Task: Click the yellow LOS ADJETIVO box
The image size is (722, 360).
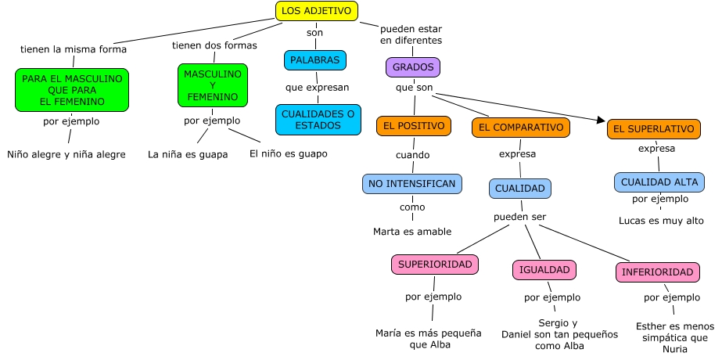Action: (317, 10)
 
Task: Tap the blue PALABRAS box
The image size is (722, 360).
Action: (314, 60)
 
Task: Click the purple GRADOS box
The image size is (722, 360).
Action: (413, 67)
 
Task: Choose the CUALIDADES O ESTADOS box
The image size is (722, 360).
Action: (318, 120)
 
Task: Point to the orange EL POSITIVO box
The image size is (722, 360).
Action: (414, 126)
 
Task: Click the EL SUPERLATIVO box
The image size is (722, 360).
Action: (653, 129)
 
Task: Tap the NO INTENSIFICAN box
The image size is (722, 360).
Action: (412, 184)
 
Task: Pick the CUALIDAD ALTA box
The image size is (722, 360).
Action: (659, 182)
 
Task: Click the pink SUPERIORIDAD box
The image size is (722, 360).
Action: (435, 265)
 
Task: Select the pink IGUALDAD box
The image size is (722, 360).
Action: (544, 270)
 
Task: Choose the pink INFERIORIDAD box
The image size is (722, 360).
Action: (657, 272)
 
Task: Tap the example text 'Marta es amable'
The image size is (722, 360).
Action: (411, 231)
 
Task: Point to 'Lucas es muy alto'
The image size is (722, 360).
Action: (661, 221)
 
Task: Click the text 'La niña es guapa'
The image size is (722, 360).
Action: (188, 154)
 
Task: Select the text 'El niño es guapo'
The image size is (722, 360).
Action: (288, 153)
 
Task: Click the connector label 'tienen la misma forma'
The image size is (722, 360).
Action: (74, 49)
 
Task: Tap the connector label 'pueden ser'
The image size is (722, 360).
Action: (519, 216)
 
